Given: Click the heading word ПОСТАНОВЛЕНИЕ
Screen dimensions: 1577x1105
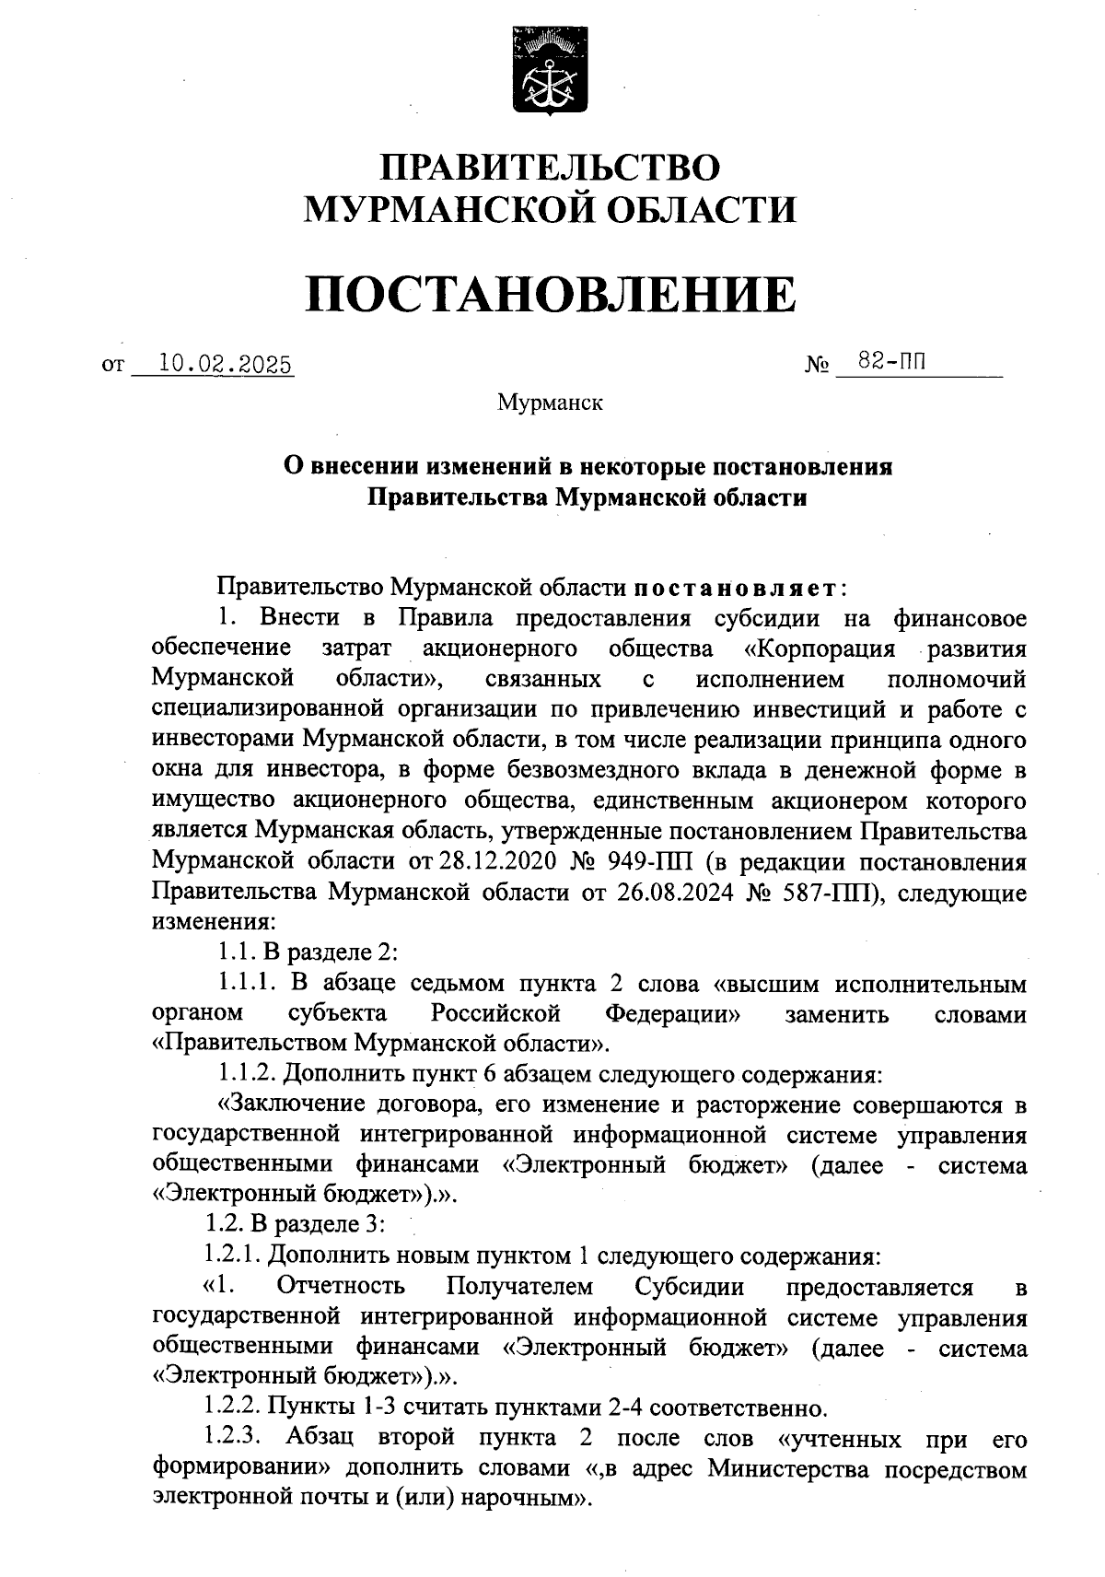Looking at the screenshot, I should [550, 294].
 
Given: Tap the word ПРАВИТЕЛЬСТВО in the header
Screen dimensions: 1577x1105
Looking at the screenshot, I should [551, 168].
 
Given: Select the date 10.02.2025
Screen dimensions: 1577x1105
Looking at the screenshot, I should [225, 365].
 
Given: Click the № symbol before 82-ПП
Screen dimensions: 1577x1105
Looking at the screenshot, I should [817, 367].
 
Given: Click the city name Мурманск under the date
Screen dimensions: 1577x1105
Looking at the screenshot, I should [550, 403].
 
